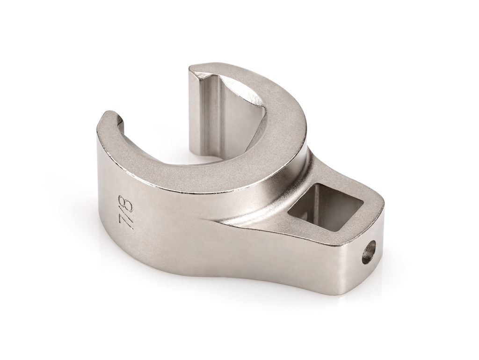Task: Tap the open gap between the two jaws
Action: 159,108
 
